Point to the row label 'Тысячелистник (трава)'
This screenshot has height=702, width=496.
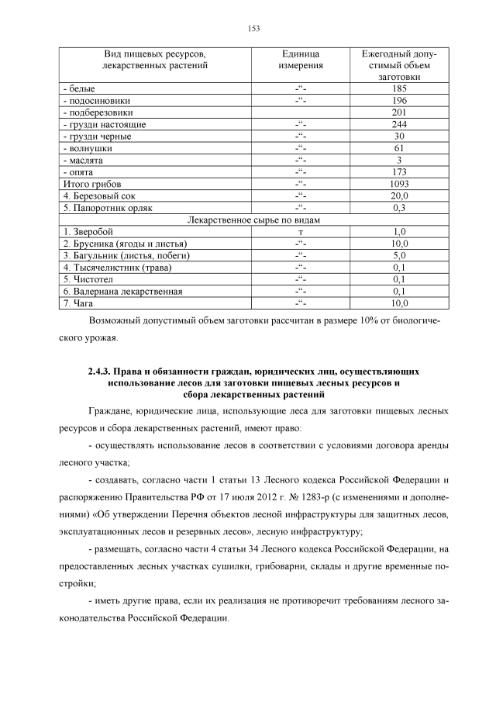(116, 268)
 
